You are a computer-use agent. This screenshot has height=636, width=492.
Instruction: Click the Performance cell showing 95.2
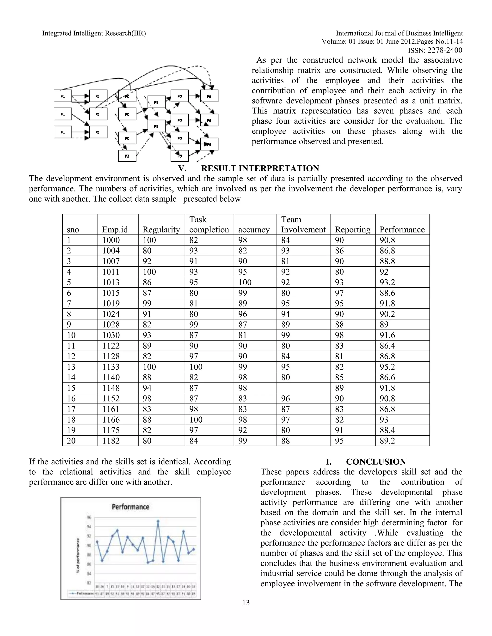click(387, 367)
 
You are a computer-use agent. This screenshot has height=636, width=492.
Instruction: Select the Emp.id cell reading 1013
click(111, 282)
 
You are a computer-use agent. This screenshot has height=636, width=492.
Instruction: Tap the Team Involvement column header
click(303, 225)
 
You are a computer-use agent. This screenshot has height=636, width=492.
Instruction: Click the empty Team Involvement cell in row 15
click(303, 388)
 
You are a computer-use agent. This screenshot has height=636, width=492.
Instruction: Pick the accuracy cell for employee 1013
click(245, 282)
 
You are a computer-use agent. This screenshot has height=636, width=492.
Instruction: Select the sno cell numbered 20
click(71, 441)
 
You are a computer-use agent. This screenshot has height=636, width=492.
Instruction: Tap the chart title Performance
click(131, 507)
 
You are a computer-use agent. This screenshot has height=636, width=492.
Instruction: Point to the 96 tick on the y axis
click(89, 517)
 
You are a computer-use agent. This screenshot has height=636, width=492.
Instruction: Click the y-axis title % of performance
click(78, 556)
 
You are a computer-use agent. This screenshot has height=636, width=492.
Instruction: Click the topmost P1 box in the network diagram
click(63, 96)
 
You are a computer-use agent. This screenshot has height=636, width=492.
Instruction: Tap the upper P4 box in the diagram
click(157, 102)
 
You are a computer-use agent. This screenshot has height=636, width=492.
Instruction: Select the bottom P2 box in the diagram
click(98, 132)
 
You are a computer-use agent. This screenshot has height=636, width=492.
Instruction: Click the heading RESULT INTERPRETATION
click(260, 168)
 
